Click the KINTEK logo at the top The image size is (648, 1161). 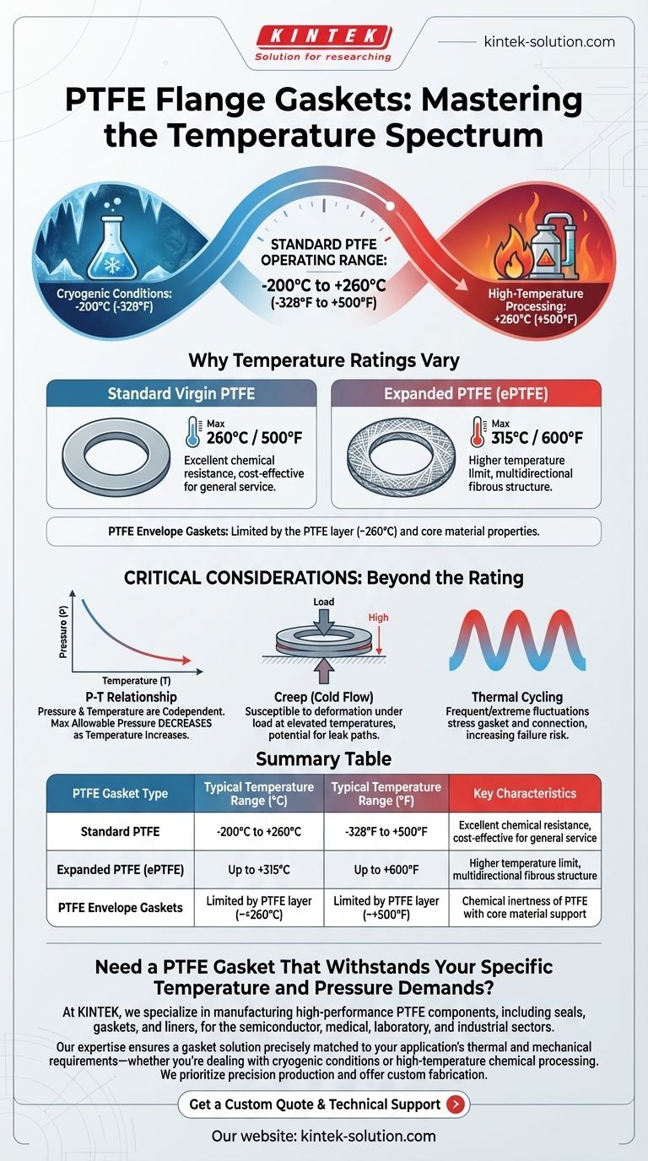point(324,43)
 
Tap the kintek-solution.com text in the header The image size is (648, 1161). point(549,41)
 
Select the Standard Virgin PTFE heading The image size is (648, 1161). point(181,394)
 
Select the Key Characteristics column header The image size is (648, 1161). point(525,793)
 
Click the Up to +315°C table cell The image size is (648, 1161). point(259,870)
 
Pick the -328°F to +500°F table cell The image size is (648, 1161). point(386,831)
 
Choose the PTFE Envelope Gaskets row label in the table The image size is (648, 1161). point(121,908)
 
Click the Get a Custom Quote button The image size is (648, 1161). point(324,1104)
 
